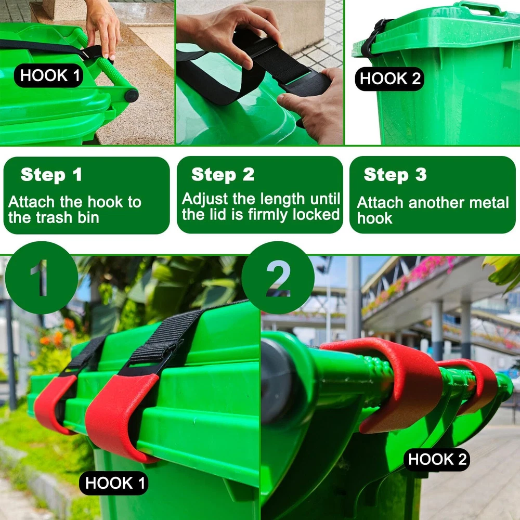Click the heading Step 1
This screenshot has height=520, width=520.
point(51,175)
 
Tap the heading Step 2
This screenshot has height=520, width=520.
point(223,174)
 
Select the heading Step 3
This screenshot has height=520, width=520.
point(395,175)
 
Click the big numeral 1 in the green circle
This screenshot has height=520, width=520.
point(41,278)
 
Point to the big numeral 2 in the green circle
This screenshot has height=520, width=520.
point(278,278)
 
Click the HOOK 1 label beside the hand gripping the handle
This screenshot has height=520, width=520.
point(49,75)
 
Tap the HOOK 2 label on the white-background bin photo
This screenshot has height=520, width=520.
point(389,79)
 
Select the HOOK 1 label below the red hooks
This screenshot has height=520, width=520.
point(114,483)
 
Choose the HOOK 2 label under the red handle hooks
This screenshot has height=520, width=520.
point(437,460)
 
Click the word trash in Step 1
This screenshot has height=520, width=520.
point(54,218)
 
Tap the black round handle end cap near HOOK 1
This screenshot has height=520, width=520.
point(132,96)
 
